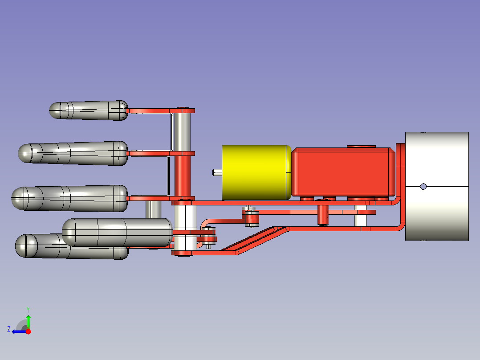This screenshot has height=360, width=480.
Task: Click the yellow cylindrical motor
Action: pos(256,172)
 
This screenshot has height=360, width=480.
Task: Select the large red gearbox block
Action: pos(343,172)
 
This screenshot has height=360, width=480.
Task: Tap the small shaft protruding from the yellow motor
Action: pos(217,172)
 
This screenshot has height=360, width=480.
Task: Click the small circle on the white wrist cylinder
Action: pos(423,186)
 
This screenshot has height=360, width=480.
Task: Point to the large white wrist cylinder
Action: pos(437,186)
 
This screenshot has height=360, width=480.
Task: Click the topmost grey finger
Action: pos(89,110)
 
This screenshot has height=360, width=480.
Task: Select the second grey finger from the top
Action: pos(73,153)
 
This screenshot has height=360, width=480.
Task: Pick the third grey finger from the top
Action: pos(69,198)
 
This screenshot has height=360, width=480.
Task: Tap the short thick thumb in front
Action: pos(117,232)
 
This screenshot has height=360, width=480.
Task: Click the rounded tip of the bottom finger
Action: pos(26,246)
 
